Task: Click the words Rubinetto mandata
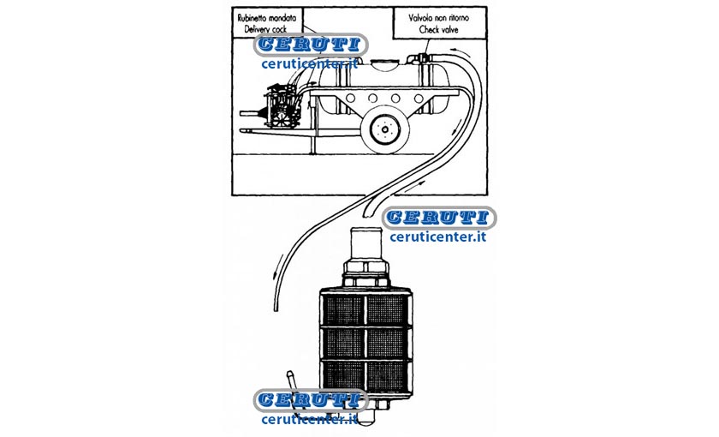click(x=266, y=18)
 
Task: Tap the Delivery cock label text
click(x=265, y=29)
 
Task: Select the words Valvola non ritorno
click(x=439, y=18)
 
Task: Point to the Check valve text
click(x=439, y=29)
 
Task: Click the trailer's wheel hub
click(x=384, y=129)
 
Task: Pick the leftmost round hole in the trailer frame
click(x=351, y=99)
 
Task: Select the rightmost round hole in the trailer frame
click(x=419, y=99)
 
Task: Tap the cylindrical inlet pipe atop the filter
click(x=366, y=244)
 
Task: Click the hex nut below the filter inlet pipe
click(x=365, y=274)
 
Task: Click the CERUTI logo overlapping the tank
click(x=310, y=45)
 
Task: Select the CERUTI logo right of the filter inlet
click(x=439, y=218)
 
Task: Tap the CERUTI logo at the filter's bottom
click(x=311, y=400)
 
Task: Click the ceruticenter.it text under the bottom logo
click(x=310, y=419)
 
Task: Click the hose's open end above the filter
click(x=366, y=213)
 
